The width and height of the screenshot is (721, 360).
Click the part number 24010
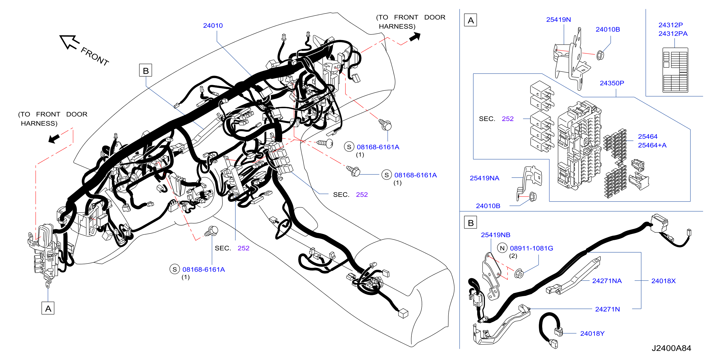tap(213, 25)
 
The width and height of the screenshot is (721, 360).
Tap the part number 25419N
tap(558, 20)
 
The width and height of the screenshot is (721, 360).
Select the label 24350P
tap(612, 83)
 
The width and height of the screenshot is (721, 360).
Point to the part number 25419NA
tap(484, 178)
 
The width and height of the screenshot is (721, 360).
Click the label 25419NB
tap(495, 235)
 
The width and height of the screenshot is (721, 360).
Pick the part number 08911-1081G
tap(531, 248)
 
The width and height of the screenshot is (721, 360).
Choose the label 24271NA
tap(607, 281)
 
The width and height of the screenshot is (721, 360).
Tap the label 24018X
tap(663, 281)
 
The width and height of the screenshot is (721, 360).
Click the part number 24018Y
tap(592, 333)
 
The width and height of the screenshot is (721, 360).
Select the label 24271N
tap(607, 309)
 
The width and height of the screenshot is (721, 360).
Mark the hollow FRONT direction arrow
tap(69, 42)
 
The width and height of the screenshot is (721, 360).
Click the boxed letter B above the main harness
tap(146, 70)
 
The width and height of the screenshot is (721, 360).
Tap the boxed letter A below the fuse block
tap(48, 308)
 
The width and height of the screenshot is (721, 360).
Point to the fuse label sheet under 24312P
tap(675, 70)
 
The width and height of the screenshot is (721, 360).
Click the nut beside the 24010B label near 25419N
tap(600, 55)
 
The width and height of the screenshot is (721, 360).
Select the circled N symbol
tap(502, 248)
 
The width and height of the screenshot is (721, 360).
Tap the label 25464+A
tap(652, 145)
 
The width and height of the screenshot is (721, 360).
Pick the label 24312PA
tap(673, 33)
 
